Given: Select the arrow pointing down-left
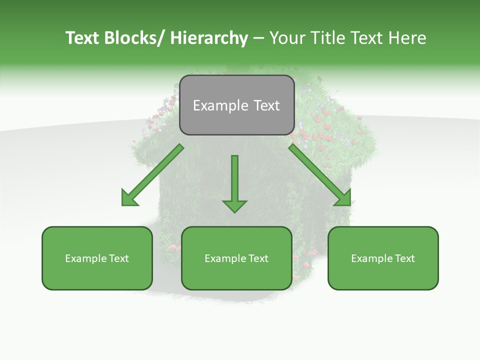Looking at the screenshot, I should (152, 175).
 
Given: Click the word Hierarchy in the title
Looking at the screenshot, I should (209, 38).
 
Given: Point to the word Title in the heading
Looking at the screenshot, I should (328, 38).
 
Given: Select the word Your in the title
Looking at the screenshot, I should (288, 38).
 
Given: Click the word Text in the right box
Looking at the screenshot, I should (405, 258).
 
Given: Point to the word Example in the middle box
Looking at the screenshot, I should (225, 258).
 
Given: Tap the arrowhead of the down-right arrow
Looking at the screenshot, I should (343, 198).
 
